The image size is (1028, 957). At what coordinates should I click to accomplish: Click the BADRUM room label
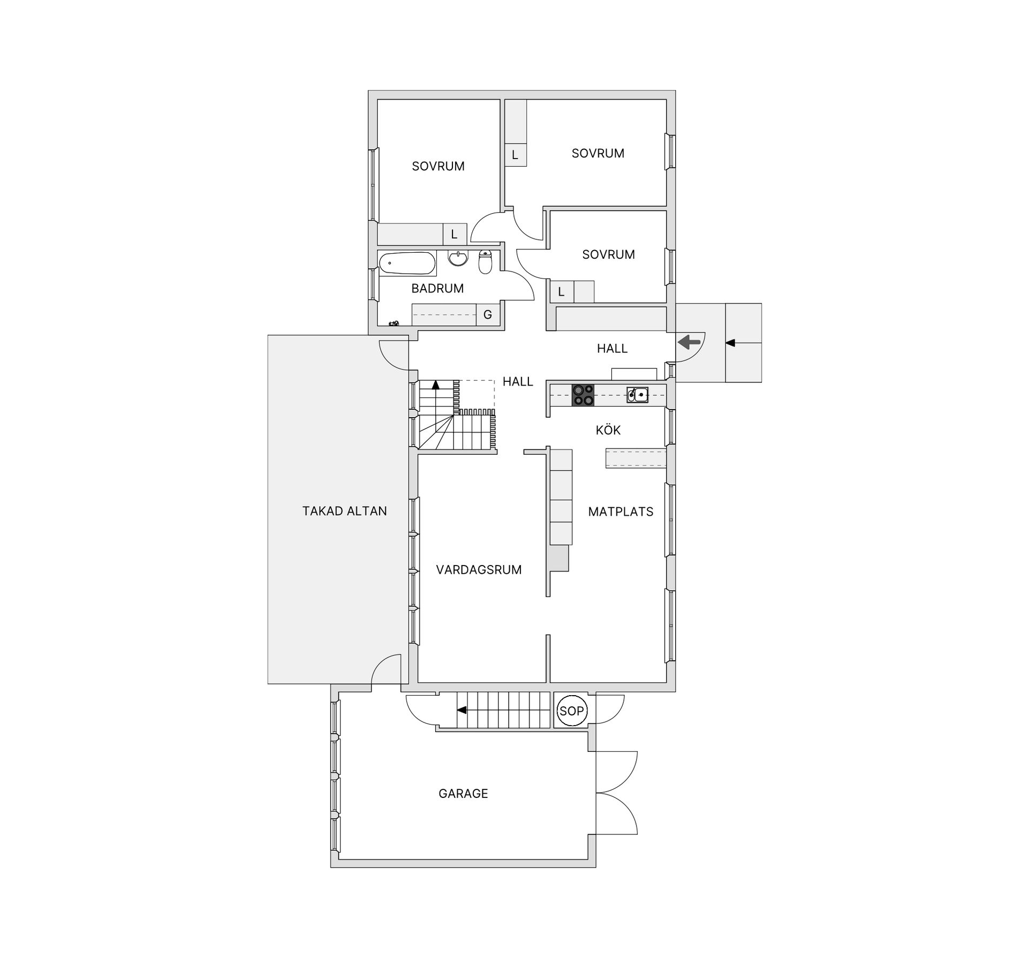(437, 289)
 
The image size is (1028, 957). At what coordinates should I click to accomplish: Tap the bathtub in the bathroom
(407, 263)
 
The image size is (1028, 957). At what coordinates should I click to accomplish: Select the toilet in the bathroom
(485, 262)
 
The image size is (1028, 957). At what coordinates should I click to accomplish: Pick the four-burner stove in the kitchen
(583, 395)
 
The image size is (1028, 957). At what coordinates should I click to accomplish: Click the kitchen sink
(638, 395)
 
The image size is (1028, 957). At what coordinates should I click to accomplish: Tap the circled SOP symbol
(571, 711)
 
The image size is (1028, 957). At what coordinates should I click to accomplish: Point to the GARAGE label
(463, 793)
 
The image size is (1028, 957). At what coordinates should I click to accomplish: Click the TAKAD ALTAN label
(344, 511)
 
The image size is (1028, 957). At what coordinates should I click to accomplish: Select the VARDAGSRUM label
(479, 570)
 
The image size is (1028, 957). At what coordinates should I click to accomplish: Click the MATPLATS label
(621, 512)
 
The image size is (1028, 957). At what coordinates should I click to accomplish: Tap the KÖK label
(608, 430)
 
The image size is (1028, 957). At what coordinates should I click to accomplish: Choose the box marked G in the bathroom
(488, 315)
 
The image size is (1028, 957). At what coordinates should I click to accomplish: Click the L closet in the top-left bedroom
(455, 234)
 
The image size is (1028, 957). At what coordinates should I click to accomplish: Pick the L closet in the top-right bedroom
(515, 155)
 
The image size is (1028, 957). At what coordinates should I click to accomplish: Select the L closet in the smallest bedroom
(561, 292)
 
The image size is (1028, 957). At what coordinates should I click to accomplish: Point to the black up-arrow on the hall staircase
(436, 385)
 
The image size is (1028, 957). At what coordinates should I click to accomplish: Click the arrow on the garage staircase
(462, 710)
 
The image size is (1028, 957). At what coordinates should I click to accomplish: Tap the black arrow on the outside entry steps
(730, 343)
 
